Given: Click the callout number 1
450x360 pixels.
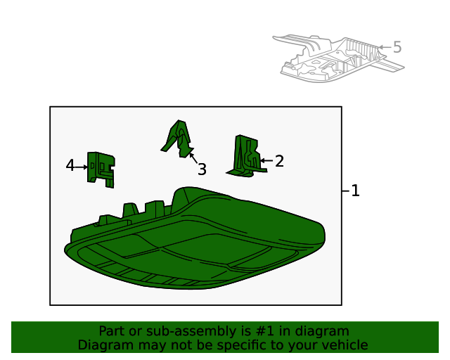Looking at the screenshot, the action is click(355, 191).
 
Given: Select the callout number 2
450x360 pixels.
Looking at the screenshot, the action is click(279, 161).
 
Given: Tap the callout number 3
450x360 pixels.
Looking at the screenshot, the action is click(202, 169).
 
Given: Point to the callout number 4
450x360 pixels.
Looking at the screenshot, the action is click(70, 166).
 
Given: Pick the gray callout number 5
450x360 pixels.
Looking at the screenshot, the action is click(397, 47).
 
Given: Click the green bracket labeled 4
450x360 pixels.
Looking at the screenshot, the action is click(101, 169).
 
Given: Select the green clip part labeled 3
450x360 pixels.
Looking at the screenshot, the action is click(179, 139).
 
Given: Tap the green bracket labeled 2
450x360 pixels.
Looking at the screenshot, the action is click(247, 156).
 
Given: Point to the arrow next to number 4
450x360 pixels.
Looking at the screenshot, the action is click(81, 167).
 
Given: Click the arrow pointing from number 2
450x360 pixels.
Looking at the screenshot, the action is click(266, 161).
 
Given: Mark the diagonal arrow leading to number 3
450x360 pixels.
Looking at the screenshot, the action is click(193, 158).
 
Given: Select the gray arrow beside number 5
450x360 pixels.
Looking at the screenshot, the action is click(385, 47).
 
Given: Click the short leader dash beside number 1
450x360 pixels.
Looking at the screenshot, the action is click(345, 191).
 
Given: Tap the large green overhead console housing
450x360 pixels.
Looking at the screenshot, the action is click(195, 238).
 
